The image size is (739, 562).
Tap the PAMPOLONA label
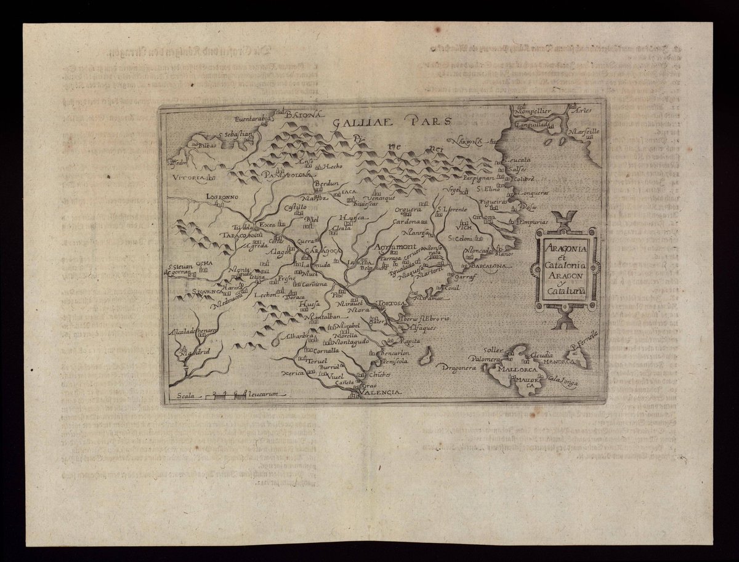click(x=288, y=175)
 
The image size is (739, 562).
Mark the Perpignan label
click(x=479, y=177)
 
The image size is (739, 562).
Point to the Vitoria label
click(x=188, y=177)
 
